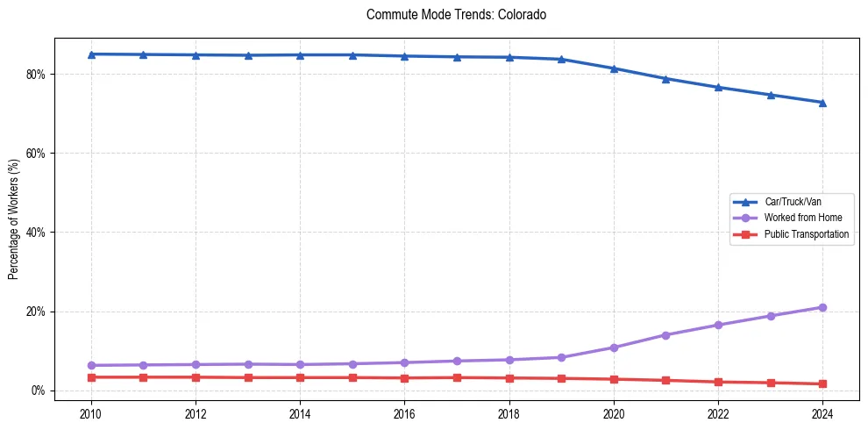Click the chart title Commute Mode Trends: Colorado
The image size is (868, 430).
tap(457, 15)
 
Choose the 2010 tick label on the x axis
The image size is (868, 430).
tap(90, 413)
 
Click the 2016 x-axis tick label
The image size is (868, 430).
tap(404, 413)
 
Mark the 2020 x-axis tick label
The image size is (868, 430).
tap(614, 413)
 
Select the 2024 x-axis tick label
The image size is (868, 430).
tap(822, 413)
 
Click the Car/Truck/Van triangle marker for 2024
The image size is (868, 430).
tap(822, 103)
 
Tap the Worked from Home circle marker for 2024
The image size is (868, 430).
tap(822, 307)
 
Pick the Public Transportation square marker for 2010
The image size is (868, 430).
tap(90, 377)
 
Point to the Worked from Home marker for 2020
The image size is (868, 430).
tap(614, 348)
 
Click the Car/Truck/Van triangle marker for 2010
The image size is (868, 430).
tap(90, 54)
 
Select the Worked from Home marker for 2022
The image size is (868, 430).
tap(718, 325)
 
